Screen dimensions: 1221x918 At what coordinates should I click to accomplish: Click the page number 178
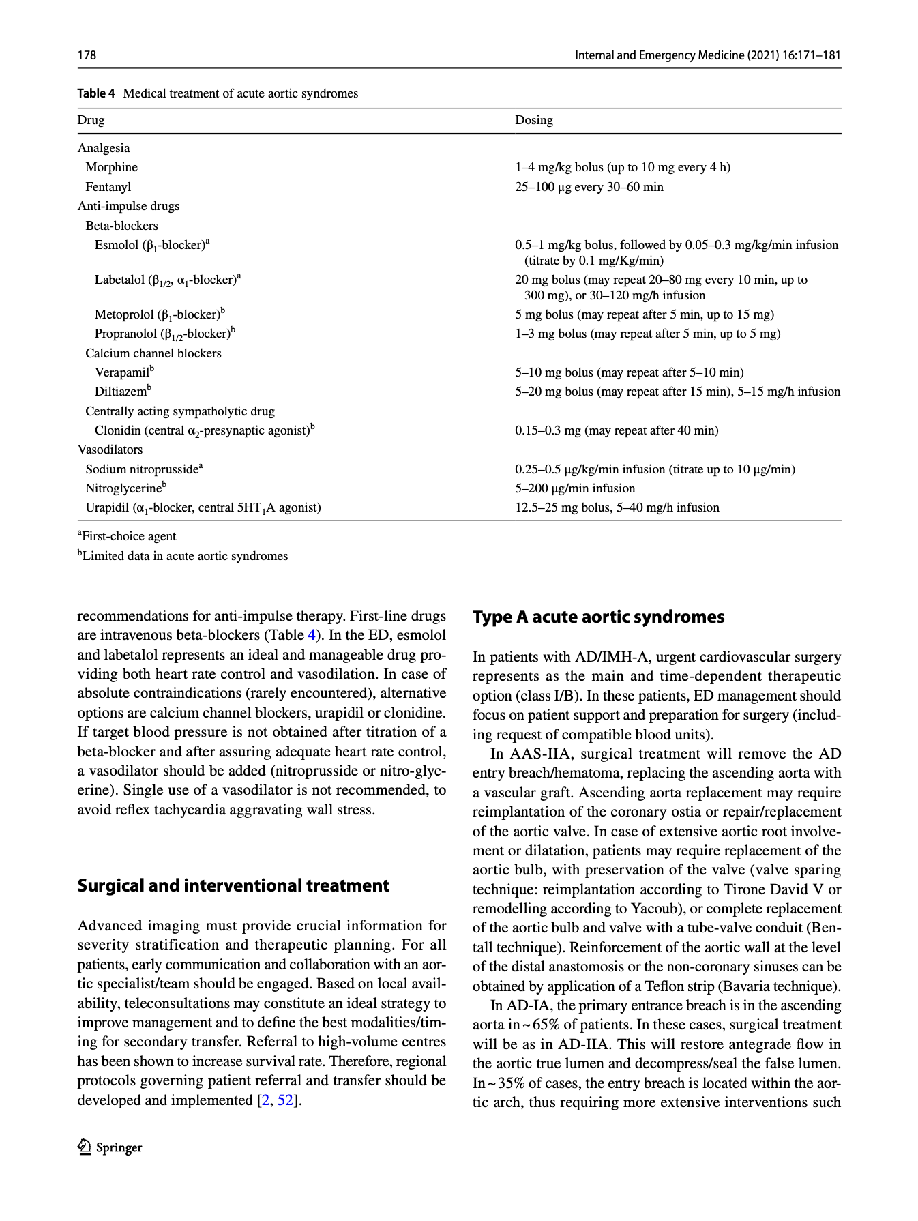point(87,55)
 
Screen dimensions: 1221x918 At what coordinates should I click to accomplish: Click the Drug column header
point(91,120)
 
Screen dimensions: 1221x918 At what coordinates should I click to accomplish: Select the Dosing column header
point(533,120)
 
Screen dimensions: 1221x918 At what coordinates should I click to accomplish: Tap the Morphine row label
point(111,167)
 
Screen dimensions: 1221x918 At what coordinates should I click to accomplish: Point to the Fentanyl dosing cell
point(589,187)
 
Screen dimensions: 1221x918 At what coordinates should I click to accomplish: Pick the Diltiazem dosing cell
point(677,392)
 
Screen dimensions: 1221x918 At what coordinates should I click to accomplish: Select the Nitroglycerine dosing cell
point(574,488)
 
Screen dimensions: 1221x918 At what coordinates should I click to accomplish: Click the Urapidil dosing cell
point(617,507)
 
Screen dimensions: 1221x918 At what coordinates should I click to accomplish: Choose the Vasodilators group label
point(110,450)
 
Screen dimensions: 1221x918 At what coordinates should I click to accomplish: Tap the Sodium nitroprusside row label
point(144,469)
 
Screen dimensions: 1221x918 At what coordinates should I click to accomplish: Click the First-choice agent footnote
point(127,536)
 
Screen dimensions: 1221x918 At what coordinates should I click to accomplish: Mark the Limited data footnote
point(183,556)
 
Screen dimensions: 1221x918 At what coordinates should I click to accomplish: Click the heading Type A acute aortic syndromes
point(598,617)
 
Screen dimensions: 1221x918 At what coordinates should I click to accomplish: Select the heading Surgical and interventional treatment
point(233,885)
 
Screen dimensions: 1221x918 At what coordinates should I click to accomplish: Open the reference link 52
point(285,1100)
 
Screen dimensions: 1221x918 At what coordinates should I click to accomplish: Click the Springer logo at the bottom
point(110,1147)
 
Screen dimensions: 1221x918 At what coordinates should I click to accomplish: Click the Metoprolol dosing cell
point(644,314)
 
